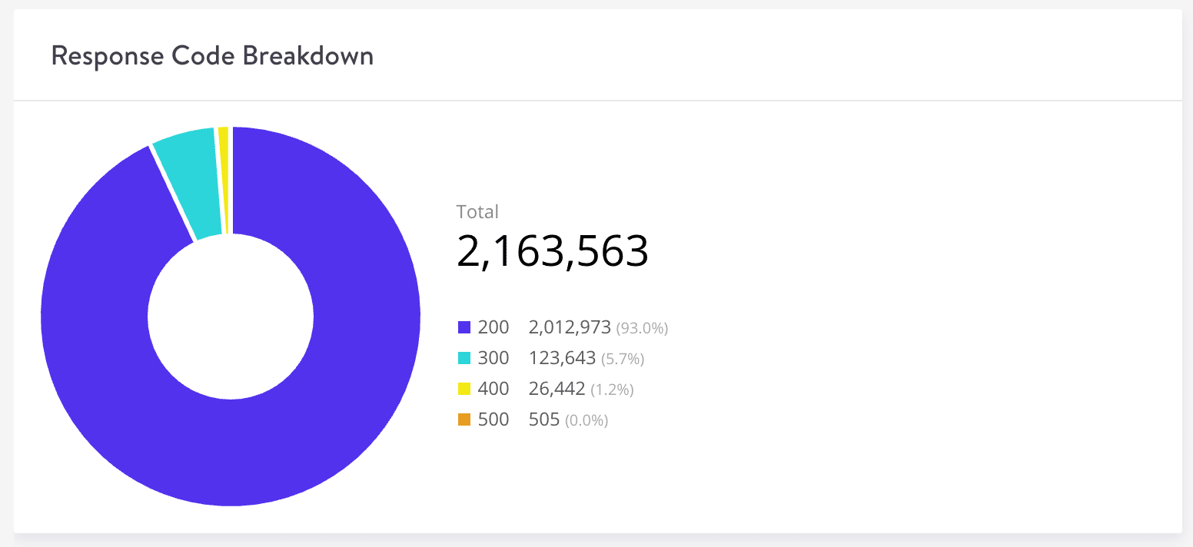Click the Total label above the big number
[x=477, y=212]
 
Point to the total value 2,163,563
[x=553, y=251]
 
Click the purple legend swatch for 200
[x=464, y=328]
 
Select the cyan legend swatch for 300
[x=464, y=359]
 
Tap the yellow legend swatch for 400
[x=464, y=390]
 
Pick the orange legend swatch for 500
[x=464, y=420]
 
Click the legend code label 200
[x=493, y=328]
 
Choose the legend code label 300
[x=493, y=359]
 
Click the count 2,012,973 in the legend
[x=570, y=328]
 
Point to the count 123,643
[x=562, y=359]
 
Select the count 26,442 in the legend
[x=557, y=390]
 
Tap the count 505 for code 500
[x=544, y=420]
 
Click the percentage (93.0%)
[x=642, y=329]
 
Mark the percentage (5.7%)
[x=622, y=360]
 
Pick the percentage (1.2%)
[x=612, y=390]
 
